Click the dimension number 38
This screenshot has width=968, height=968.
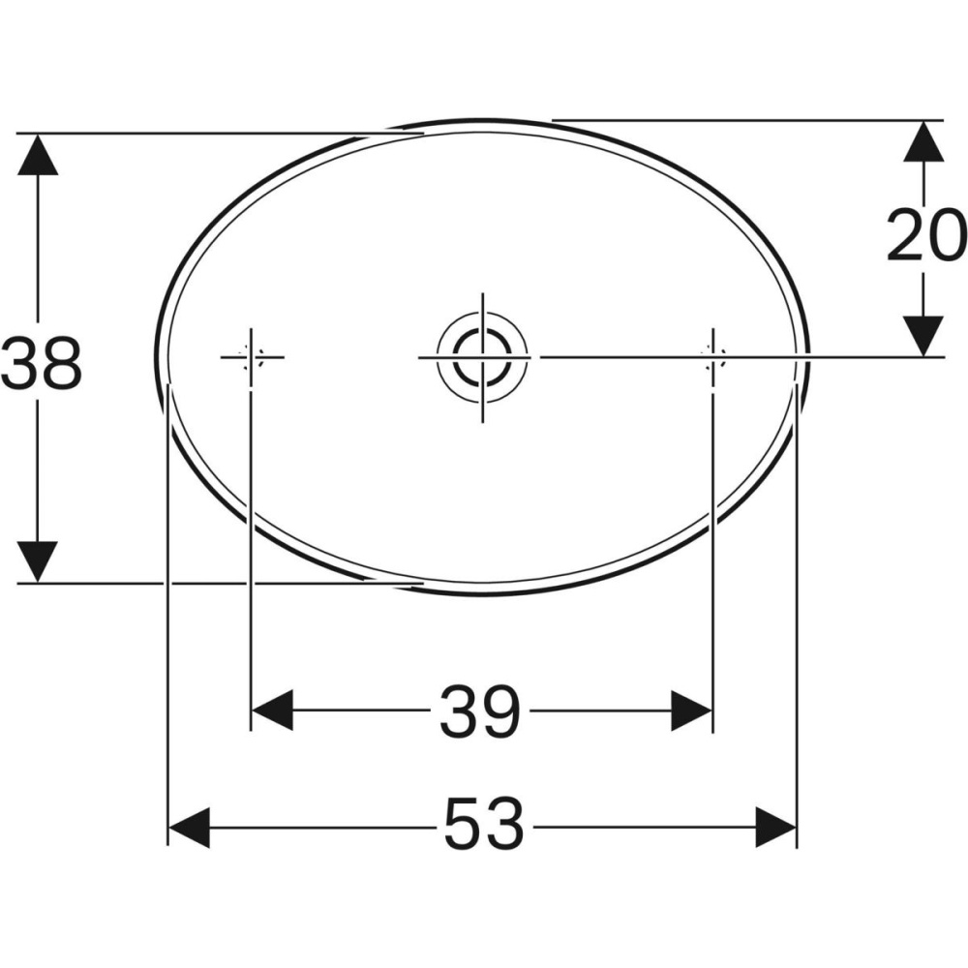[x=41, y=363]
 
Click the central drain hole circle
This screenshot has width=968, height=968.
[x=481, y=356]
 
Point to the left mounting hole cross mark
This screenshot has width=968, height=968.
[x=251, y=357]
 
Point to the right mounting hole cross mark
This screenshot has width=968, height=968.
[x=712, y=357]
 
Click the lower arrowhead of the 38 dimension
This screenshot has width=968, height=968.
[x=38, y=562]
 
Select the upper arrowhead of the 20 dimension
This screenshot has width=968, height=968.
[x=923, y=141]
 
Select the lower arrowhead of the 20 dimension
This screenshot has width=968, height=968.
[x=923, y=336]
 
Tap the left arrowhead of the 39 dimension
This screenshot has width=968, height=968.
[x=273, y=711]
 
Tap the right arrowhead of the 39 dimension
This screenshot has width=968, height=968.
[x=691, y=711]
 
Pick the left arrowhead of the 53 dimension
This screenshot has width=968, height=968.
[x=190, y=829]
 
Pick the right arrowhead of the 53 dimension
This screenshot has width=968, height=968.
[x=775, y=829]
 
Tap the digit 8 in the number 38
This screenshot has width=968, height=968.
[x=61, y=363]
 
